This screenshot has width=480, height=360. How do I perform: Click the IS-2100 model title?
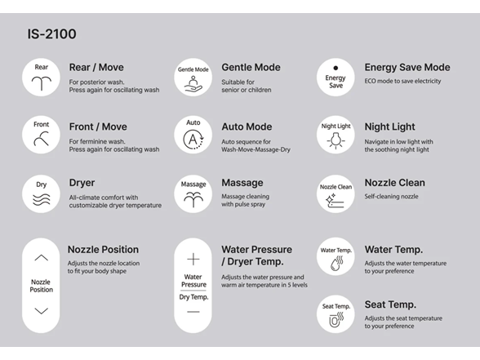52,34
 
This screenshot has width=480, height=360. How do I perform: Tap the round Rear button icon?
41,78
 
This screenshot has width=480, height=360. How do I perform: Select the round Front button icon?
41,135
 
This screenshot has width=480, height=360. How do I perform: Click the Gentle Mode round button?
193,78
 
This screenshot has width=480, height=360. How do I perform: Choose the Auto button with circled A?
193,135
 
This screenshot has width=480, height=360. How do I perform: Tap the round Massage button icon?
193,193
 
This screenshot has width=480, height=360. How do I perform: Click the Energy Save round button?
336,78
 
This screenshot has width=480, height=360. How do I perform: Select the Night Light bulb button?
336,135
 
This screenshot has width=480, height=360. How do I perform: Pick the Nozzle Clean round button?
336,193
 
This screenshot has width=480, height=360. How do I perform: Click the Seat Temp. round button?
336,314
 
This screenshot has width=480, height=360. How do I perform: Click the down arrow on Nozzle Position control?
41,311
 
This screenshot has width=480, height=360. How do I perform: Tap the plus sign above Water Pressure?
193,260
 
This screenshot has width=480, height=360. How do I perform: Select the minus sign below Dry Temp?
193,312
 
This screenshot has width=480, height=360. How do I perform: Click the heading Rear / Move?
96,68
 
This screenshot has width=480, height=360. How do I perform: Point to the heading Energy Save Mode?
407,68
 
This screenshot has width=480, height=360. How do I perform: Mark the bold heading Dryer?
82,183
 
